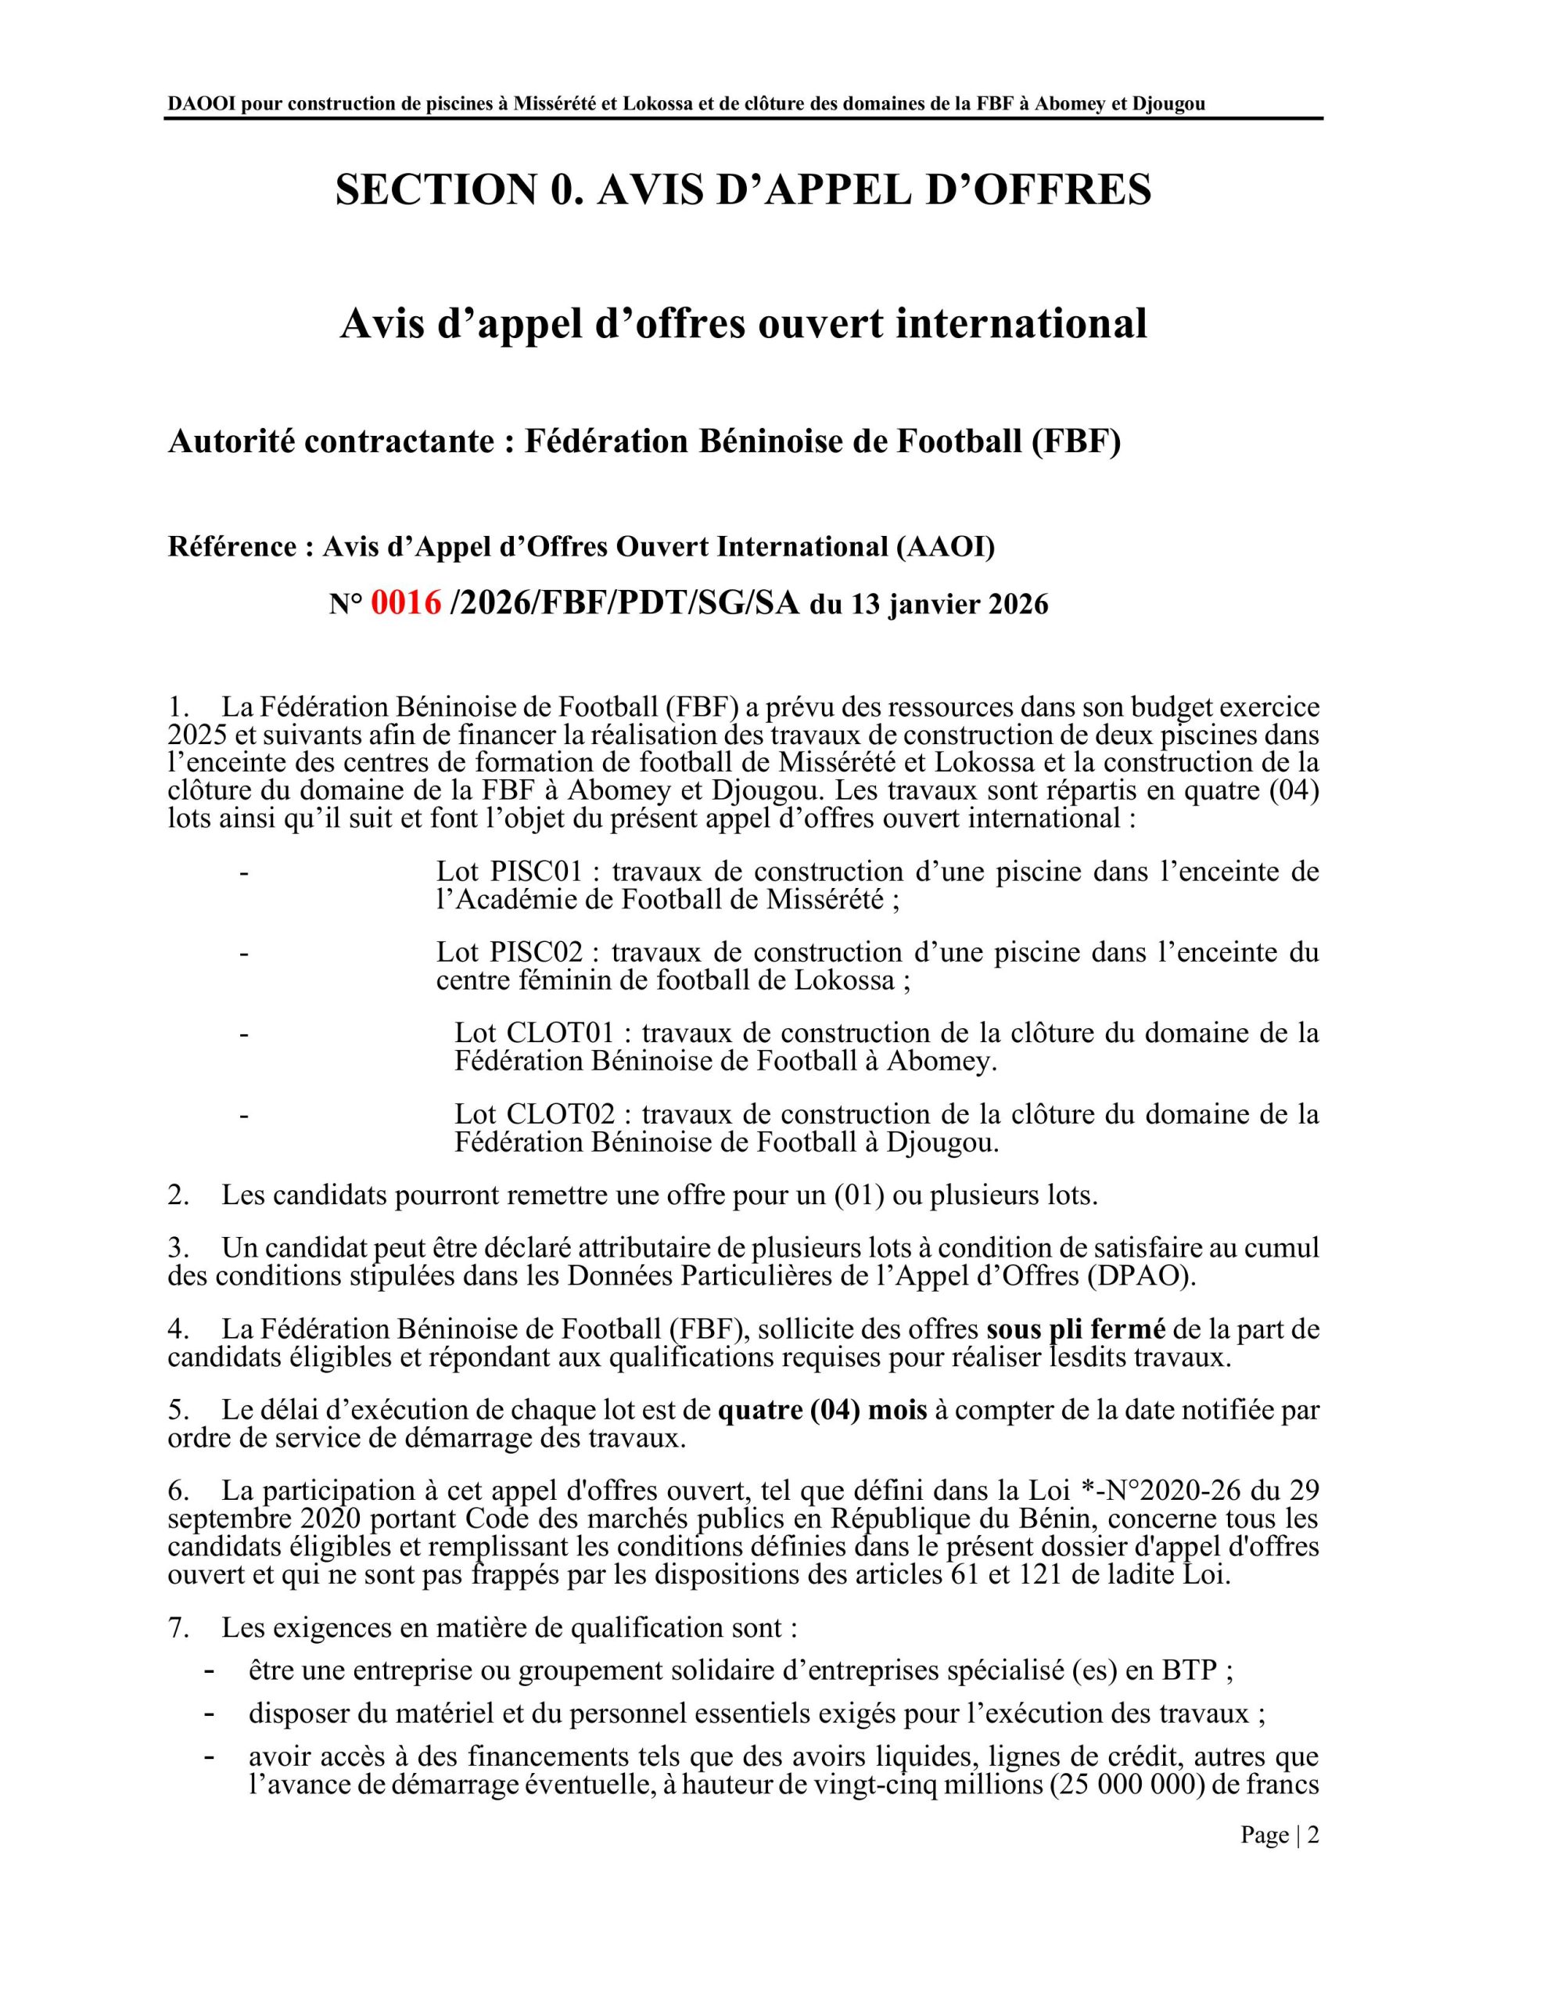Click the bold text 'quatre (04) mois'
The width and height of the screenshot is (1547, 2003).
(823, 1410)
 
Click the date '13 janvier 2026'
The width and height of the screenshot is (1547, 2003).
(949, 606)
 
